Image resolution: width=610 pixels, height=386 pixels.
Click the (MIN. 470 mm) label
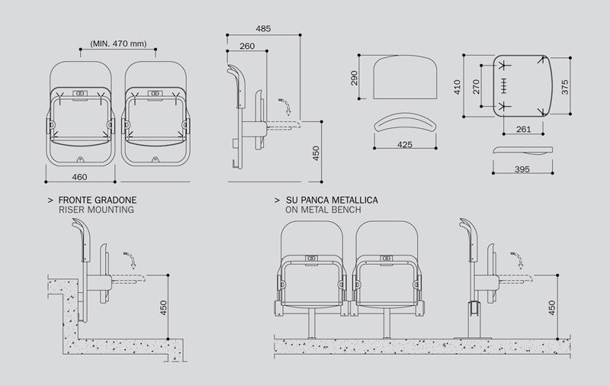118,43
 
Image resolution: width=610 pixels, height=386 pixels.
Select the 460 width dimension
79,177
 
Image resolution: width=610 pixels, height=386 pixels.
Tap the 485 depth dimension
263,29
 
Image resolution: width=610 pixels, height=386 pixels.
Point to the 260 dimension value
247,46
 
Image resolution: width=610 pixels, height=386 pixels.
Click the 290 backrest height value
355,79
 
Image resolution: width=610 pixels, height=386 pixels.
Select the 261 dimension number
523,129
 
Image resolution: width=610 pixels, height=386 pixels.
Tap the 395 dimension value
522,168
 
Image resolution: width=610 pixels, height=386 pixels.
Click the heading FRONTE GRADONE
97,200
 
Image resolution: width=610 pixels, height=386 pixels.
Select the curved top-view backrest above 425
405,123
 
